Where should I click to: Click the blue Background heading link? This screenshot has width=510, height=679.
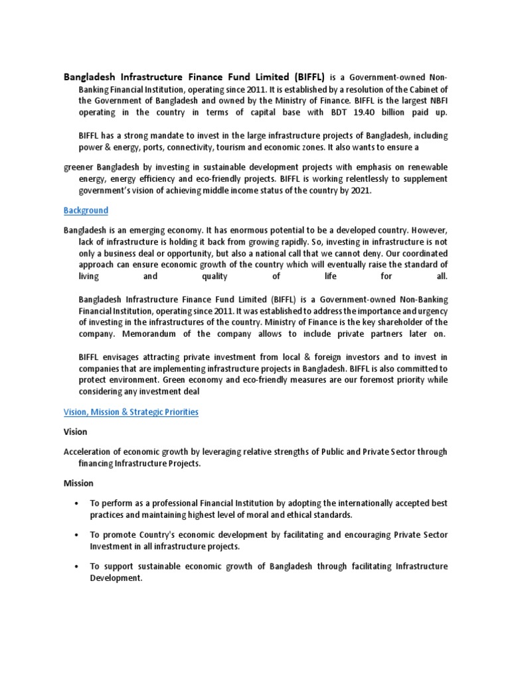click(86, 210)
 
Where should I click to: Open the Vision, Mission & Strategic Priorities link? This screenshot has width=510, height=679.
click(131, 412)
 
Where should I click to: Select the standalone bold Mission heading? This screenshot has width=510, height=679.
click(78, 483)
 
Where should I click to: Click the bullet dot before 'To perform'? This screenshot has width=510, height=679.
click(78, 503)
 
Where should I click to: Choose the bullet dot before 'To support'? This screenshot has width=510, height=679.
click(78, 566)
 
